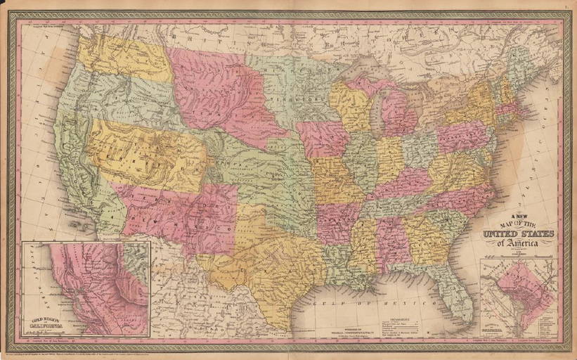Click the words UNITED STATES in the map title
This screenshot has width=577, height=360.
point(518,233)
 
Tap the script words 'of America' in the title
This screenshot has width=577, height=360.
point(517,243)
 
